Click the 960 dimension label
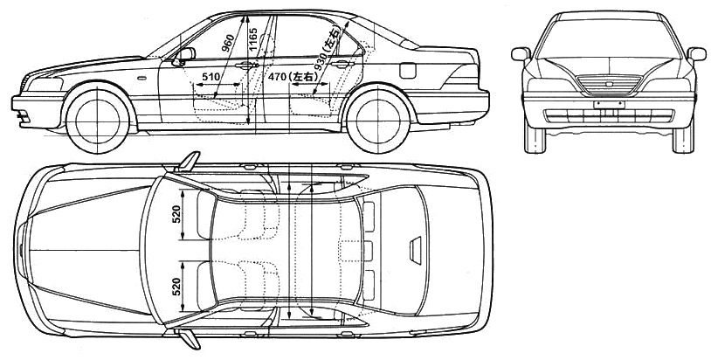tap(228, 43)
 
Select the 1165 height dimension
tap(253, 39)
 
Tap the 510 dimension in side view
tap(211, 77)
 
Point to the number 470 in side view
tap(277, 77)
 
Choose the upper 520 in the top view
tap(176, 214)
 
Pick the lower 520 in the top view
tap(176, 287)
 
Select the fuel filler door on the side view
tap(408, 70)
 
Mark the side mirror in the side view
tap(184, 55)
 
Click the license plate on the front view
tap(609, 105)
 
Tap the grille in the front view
tap(609, 85)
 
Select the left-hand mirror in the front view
tap(521, 54)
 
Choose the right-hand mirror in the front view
tap(697, 54)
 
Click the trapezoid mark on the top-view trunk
tap(416, 250)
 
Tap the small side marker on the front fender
tap(142, 78)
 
